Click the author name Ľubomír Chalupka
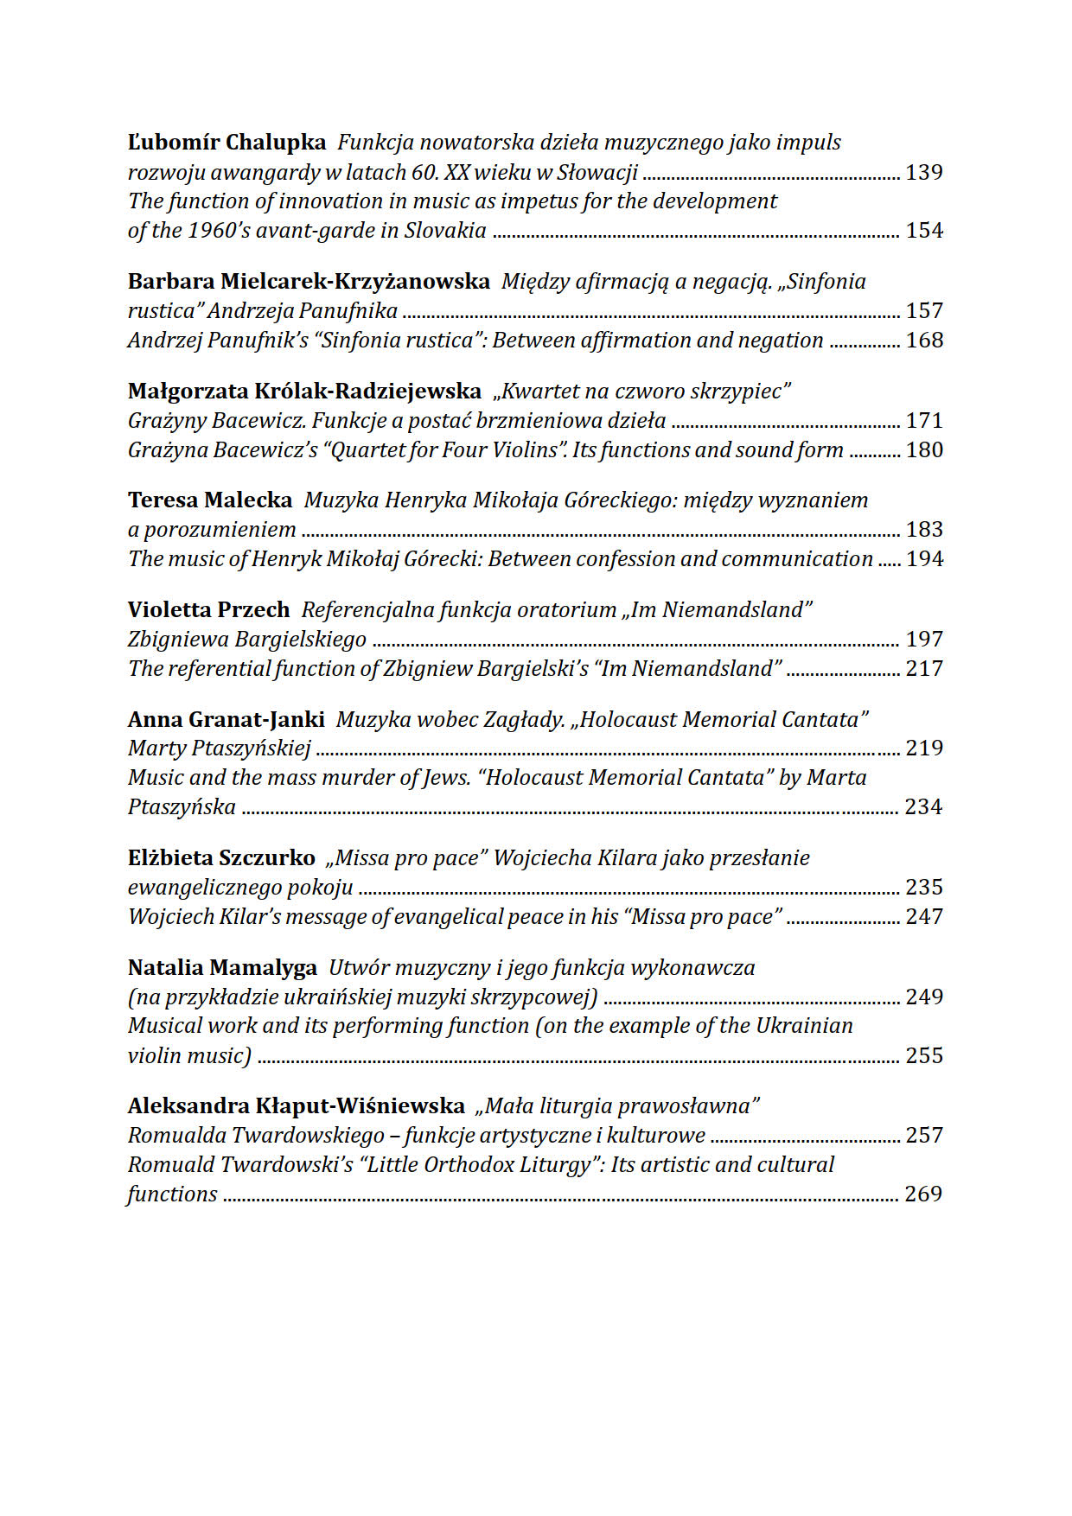(x=227, y=143)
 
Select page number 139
(x=923, y=172)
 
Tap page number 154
(x=923, y=231)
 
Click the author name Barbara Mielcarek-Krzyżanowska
(x=309, y=282)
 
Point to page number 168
(x=923, y=341)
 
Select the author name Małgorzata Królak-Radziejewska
(x=304, y=392)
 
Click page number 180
(x=923, y=450)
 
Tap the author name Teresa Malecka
(x=210, y=500)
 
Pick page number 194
(x=923, y=559)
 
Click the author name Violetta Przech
(x=208, y=610)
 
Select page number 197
(x=923, y=640)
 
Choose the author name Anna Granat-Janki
(x=226, y=720)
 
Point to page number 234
(x=922, y=807)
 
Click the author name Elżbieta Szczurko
(x=221, y=858)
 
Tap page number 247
(x=923, y=917)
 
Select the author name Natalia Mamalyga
(x=223, y=968)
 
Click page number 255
(x=923, y=1056)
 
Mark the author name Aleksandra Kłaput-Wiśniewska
(x=296, y=1106)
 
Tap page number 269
(x=922, y=1194)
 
